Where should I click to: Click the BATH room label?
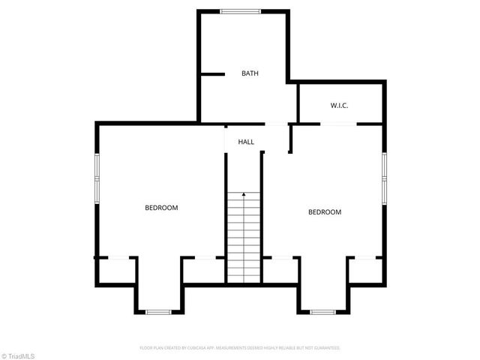pos(250,73)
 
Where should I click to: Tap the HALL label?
pos(246,142)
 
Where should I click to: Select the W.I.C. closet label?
pos(339,106)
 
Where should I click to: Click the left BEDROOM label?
pos(161,208)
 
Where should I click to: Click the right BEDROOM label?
pos(325,212)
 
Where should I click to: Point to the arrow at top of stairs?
pos(244,195)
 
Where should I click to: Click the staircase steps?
pos(244,240)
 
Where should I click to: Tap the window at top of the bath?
pos(240,11)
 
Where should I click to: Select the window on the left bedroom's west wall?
pos(96,178)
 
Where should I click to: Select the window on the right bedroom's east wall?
pos(383,177)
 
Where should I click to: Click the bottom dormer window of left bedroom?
pos(158,312)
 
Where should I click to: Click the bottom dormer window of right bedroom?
pos(322,312)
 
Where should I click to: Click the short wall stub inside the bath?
pos(214,74)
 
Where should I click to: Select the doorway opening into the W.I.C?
pos(339,123)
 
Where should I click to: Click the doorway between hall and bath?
pos(276,123)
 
